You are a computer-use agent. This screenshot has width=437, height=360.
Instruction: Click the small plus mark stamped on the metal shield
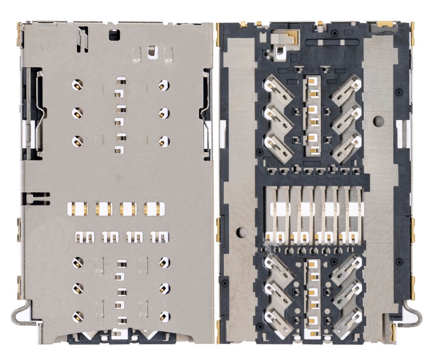pos(118,178)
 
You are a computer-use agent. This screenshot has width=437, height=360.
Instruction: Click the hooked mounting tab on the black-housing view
pos(413,313)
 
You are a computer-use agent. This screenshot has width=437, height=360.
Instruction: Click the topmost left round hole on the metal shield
pos(77,84)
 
